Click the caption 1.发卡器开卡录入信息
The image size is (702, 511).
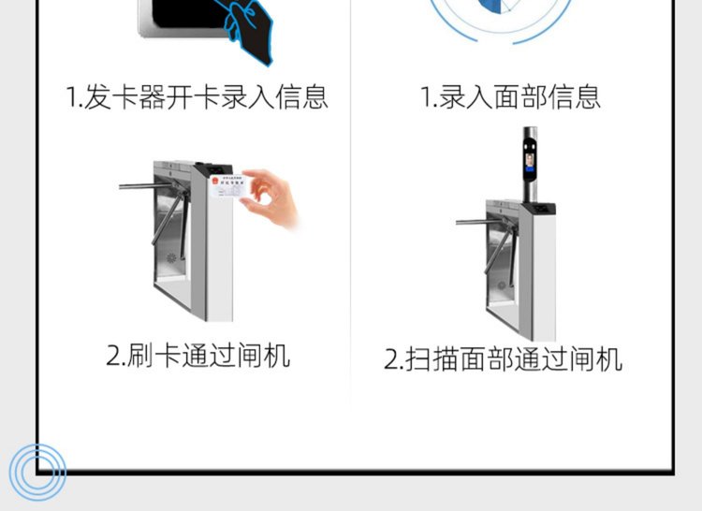coord(197,96)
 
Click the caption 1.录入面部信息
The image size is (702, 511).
coord(510,96)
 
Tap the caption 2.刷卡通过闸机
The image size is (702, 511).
coord(198,356)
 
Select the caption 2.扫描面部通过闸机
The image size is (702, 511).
coord(504,358)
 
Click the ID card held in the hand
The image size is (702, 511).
coord(228,186)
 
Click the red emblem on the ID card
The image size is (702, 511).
coord(215,181)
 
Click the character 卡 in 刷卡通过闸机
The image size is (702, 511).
coord(168,356)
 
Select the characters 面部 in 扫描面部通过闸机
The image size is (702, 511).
coord(487,358)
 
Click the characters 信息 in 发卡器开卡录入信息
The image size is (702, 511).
coord(301,96)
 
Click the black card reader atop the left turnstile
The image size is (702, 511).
coord(217,169)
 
